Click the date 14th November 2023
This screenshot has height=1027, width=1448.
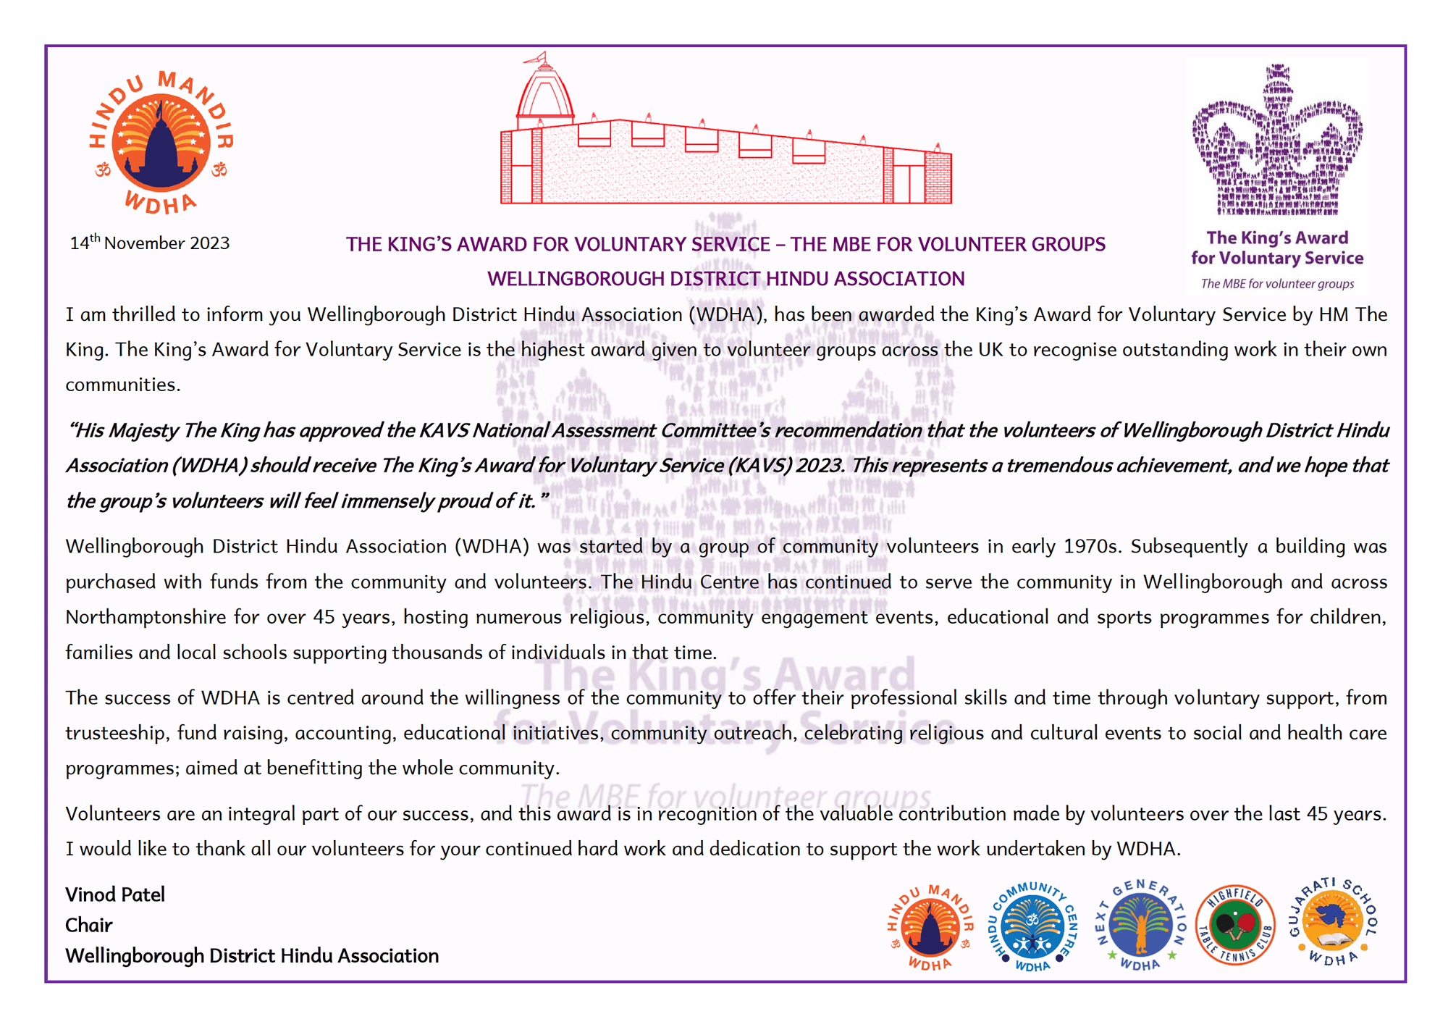click(150, 243)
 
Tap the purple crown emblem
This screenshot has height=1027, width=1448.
click(1277, 141)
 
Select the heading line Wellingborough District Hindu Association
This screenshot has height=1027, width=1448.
click(725, 279)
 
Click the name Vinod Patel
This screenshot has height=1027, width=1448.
click(115, 894)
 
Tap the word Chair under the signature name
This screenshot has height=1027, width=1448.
click(88, 925)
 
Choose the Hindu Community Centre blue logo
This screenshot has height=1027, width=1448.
click(1033, 926)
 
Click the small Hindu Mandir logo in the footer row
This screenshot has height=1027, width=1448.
click(930, 926)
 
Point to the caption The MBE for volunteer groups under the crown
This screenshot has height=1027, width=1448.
click(1277, 284)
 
